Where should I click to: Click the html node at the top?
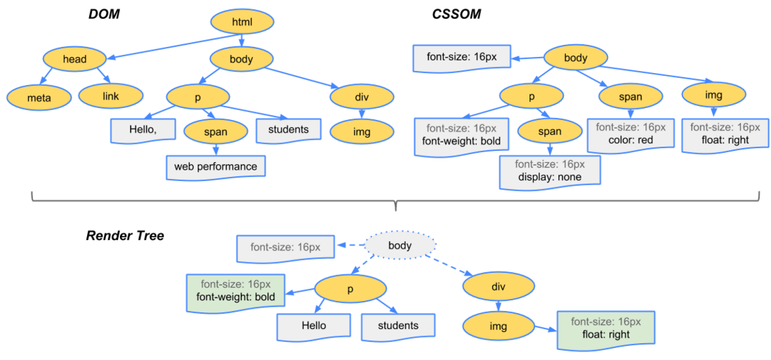coord(241,22)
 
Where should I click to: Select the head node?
coord(74,59)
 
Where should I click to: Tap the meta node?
coord(39,96)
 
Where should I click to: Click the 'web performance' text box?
coord(216,166)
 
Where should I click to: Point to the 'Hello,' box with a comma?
coord(143,130)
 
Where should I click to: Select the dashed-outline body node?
coord(400,246)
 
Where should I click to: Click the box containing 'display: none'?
coord(550,171)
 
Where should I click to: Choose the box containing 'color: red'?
coord(630,134)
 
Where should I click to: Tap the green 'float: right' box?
coord(605,328)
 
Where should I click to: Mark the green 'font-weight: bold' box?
coord(235,291)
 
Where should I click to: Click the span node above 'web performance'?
coord(216,131)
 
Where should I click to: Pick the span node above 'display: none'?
coord(549,131)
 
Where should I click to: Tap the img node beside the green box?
coord(498,326)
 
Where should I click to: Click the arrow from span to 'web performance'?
coord(216,148)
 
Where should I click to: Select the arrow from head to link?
coord(102,76)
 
